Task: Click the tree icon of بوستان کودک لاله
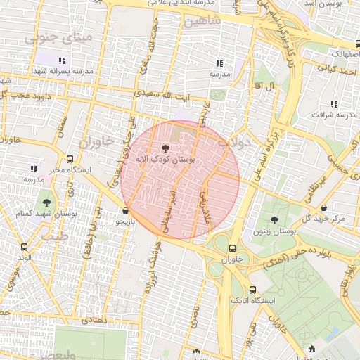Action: pyautogui.click(x=165, y=148)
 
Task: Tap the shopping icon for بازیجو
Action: pyautogui.click(x=126, y=210)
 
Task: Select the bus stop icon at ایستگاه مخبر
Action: pyautogui.click(x=70, y=159)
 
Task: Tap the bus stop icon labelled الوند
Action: pyautogui.click(x=25, y=247)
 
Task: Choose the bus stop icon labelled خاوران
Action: pyautogui.click(x=232, y=247)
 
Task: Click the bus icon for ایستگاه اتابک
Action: pyautogui.click(x=252, y=290)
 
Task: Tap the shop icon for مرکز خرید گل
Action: pyautogui.click(x=323, y=208)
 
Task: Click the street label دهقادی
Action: pyautogui.click(x=95, y=319)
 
